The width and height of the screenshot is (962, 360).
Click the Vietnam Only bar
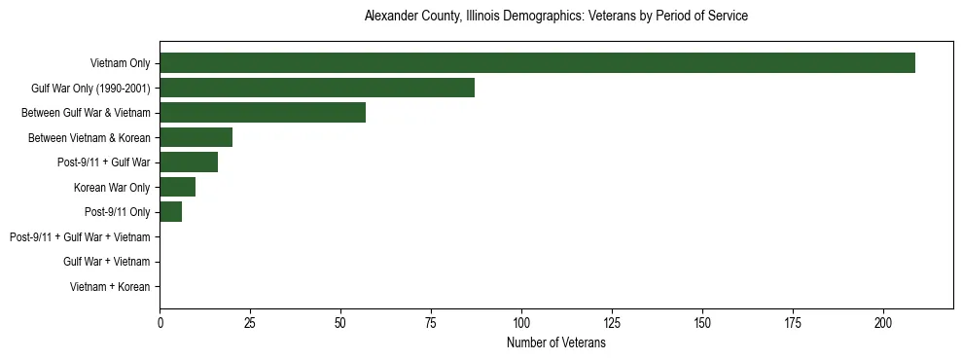537,63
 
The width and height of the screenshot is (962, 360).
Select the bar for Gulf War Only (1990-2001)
317,89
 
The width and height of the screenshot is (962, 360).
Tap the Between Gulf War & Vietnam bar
263,113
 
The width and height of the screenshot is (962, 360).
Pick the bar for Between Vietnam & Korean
196,138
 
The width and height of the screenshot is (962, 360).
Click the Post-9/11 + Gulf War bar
189,162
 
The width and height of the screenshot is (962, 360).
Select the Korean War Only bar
178,188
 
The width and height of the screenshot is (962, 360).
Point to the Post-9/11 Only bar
170,212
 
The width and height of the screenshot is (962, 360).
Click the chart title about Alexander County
555,17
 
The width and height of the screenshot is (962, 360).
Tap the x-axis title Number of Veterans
555,342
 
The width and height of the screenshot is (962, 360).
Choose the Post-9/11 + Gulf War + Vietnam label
80,237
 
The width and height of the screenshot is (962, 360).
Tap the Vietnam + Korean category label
110,287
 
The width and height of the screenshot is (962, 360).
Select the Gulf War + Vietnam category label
106,262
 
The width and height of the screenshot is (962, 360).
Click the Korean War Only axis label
112,188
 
